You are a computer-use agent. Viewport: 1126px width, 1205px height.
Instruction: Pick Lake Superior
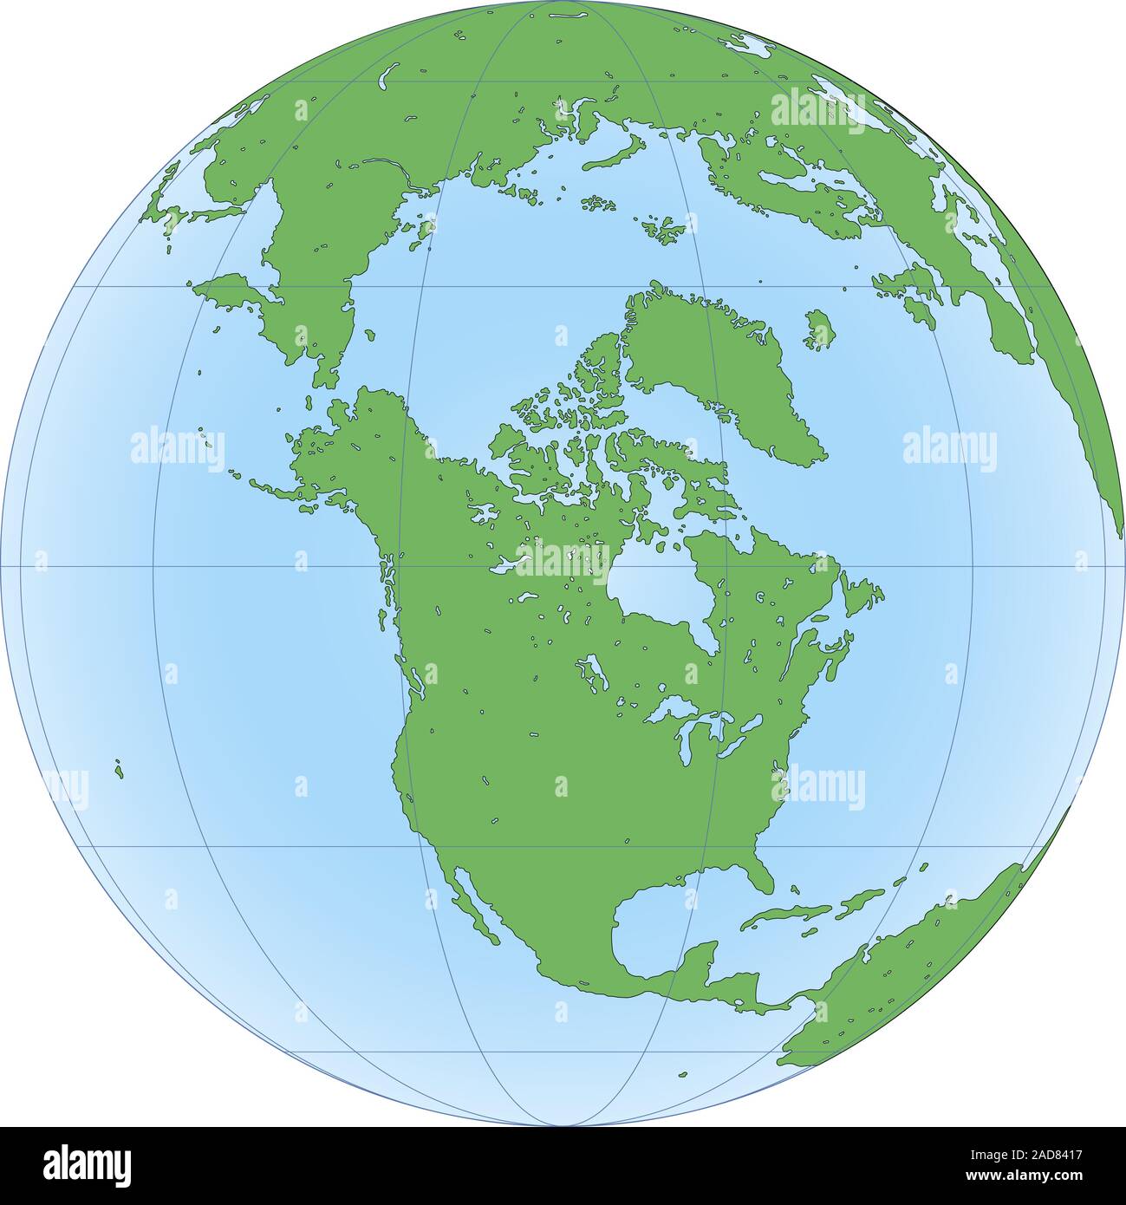pos(667,709)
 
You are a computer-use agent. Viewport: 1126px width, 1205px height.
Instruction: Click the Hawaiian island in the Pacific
pos(118,768)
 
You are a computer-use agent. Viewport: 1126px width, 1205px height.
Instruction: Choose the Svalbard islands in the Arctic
pos(666,229)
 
